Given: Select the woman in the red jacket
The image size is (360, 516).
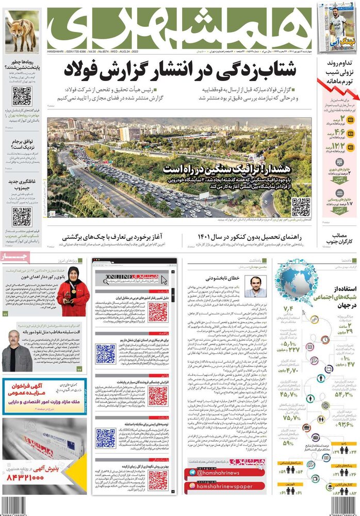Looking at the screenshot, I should click(x=73, y=292).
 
